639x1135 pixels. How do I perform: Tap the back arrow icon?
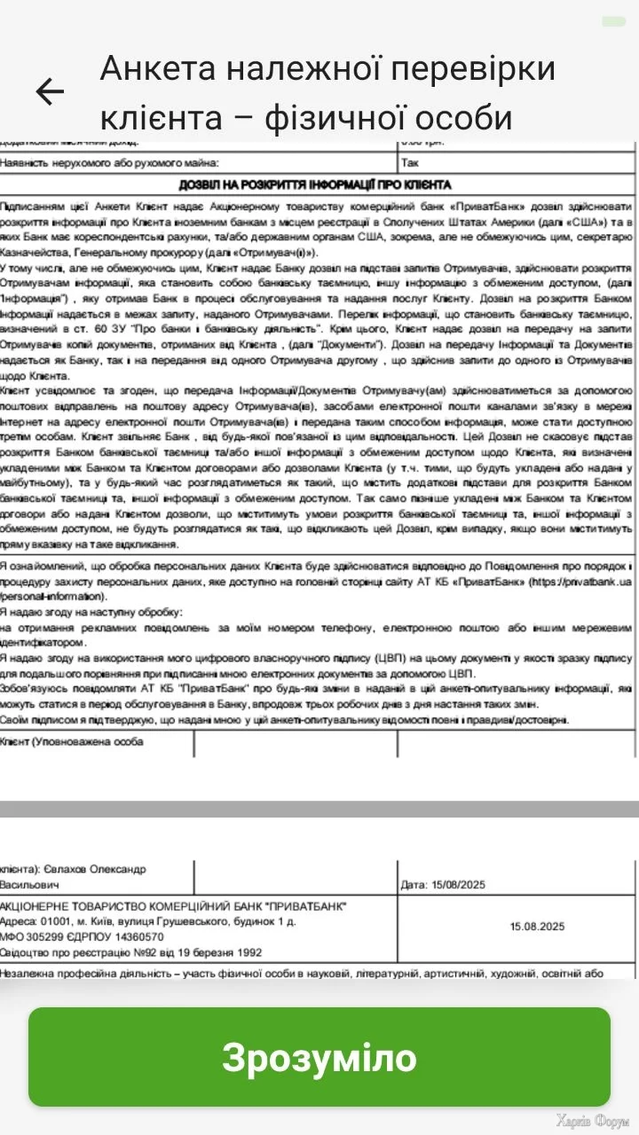click(x=50, y=91)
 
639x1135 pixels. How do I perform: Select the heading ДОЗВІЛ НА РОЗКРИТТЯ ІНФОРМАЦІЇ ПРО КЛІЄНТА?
click(x=315, y=184)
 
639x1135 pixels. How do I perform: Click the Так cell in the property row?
click(x=409, y=163)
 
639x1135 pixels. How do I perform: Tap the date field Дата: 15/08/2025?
click(x=443, y=884)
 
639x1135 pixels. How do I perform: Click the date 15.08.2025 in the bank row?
click(x=537, y=927)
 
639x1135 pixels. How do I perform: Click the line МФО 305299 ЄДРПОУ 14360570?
click(x=83, y=936)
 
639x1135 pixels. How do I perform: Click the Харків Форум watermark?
click(x=592, y=1120)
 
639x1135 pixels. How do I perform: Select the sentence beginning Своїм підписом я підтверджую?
click(x=284, y=719)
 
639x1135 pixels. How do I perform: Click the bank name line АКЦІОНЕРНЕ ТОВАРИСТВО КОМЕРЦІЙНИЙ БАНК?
click(x=174, y=905)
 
